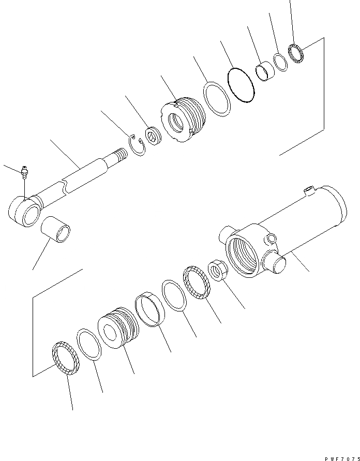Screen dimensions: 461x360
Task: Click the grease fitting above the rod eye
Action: tap(24, 171)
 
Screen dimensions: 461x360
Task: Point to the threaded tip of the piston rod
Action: tap(119, 155)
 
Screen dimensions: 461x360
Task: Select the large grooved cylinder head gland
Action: tap(183, 121)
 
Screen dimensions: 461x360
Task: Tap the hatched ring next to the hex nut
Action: tap(197, 281)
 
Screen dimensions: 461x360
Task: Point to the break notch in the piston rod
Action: tap(65, 185)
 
